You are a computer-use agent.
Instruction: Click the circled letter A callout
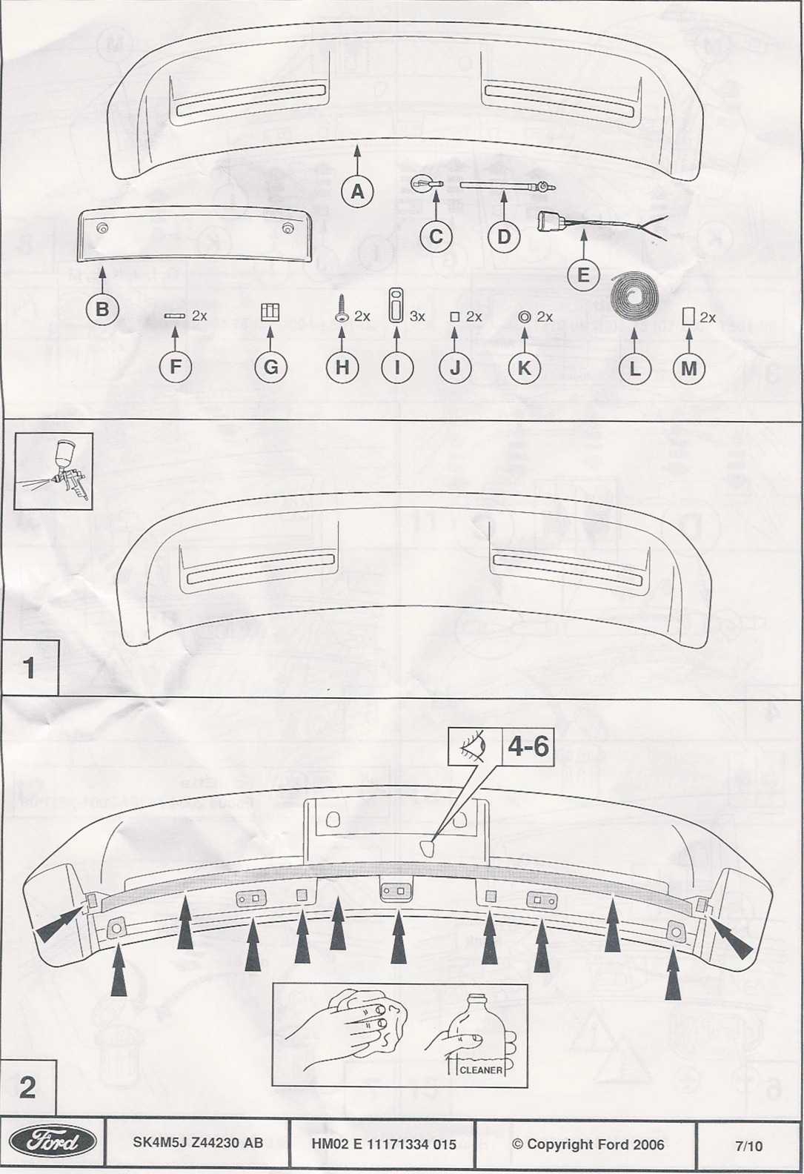[357, 191]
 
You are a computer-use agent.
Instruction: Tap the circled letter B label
[102, 309]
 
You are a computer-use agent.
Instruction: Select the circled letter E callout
[583, 274]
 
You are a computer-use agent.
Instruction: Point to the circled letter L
[635, 368]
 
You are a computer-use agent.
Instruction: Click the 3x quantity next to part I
[417, 316]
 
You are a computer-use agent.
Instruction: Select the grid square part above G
[270, 313]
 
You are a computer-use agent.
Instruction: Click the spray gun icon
[54, 471]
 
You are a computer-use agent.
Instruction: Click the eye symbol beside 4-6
[474, 745]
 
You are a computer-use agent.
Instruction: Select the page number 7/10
[749, 1146]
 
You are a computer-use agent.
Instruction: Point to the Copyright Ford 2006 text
[588, 1144]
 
